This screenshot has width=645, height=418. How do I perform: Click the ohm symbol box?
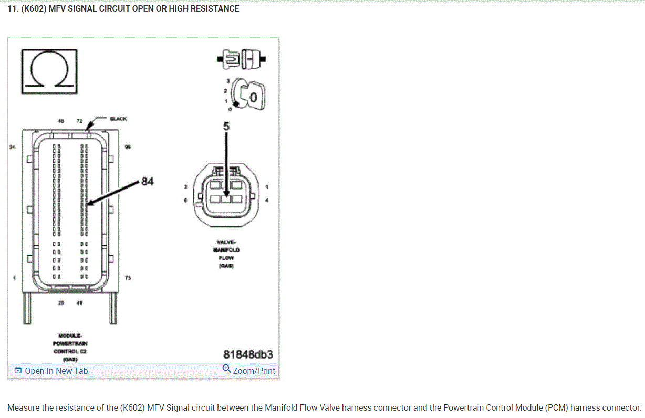(x=49, y=69)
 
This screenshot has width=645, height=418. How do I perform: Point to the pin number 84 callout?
(x=148, y=182)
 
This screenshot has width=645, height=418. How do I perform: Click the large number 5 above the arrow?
(x=226, y=126)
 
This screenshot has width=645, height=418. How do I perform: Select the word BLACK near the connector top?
(x=118, y=119)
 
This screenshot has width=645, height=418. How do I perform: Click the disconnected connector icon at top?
(x=241, y=59)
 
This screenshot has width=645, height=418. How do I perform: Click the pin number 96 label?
(x=128, y=147)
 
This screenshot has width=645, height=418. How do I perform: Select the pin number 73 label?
(x=128, y=277)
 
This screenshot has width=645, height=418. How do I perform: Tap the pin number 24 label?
(x=13, y=147)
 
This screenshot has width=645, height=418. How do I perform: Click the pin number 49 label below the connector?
(x=79, y=303)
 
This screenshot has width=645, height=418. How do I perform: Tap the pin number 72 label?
(x=79, y=121)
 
